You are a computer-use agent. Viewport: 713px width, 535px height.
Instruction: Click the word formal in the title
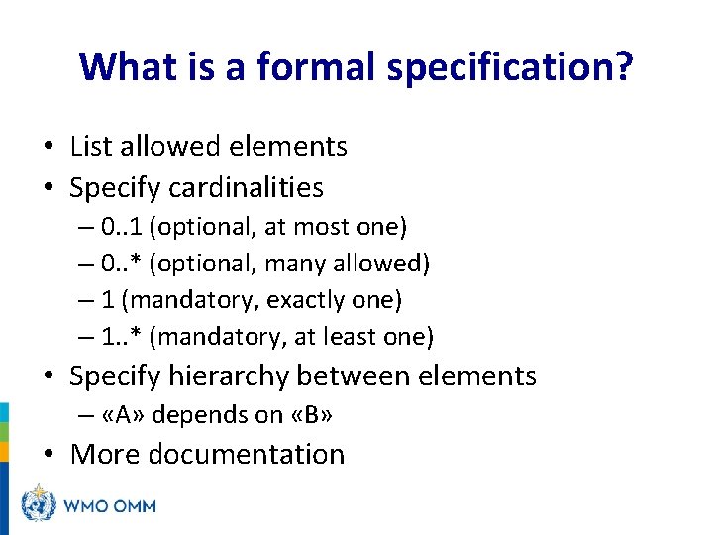(x=302, y=66)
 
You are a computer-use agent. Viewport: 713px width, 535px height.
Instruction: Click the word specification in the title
(x=507, y=66)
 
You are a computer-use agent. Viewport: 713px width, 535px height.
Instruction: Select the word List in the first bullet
(x=89, y=147)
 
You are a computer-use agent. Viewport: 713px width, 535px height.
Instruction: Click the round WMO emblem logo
(x=40, y=504)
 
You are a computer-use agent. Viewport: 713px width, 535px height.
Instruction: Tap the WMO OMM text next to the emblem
(x=109, y=506)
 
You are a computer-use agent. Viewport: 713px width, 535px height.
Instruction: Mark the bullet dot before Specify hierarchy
(x=50, y=377)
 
